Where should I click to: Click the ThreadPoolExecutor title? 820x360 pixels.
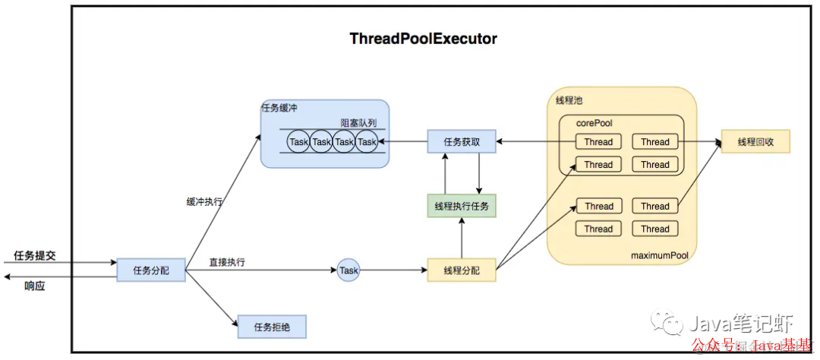coord(423,39)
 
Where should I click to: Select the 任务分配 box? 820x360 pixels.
coord(151,270)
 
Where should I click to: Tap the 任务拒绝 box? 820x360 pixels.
coord(271,327)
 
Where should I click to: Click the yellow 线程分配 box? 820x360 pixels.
coord(462,270)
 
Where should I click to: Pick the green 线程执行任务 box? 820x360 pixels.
coord(462,207)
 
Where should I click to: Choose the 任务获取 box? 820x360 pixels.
coord(462,141)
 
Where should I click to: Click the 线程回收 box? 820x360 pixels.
coord(755,142)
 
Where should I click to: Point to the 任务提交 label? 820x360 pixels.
coord(35,256)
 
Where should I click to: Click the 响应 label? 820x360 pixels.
coord(35,286)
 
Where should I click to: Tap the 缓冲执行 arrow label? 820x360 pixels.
coord(205,202)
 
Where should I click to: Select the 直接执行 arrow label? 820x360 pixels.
coord(227,263)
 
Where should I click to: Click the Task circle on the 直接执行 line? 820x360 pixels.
coord(348,270)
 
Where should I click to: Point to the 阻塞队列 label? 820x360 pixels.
coord(358,122)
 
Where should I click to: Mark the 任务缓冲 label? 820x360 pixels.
coord(279,108)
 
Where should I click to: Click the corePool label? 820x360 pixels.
coord(594,123)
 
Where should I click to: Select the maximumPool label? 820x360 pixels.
coord(659,256)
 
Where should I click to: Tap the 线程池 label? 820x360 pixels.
coord(569,100)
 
